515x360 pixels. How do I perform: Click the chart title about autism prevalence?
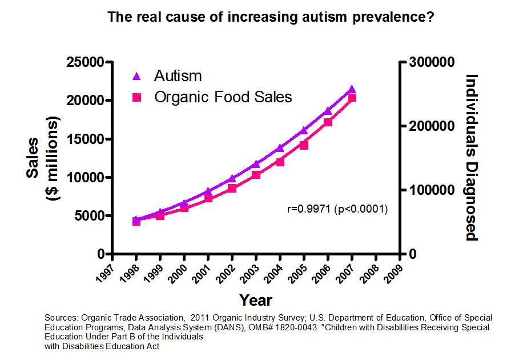pos(271,17)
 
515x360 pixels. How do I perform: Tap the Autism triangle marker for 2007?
pos(352,89)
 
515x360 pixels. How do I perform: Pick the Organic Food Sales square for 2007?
pos(352,98)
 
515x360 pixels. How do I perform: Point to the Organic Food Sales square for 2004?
pos(280,162)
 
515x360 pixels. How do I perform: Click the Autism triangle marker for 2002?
pos(232,178)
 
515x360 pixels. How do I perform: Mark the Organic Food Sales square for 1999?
pos(160,215)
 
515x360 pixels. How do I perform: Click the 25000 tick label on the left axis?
pos(86,62)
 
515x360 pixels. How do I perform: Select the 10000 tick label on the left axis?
pos(86,177)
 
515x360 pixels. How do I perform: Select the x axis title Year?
pos(256,300)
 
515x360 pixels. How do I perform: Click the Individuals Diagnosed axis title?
pos(472,157)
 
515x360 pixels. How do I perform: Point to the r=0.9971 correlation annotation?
pos(337,209)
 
